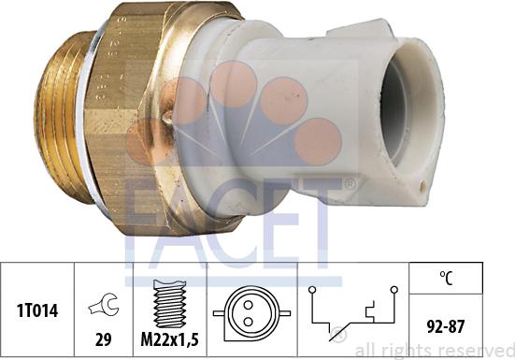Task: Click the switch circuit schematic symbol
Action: tap(351, 308)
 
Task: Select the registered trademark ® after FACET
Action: tap(349, 184)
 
